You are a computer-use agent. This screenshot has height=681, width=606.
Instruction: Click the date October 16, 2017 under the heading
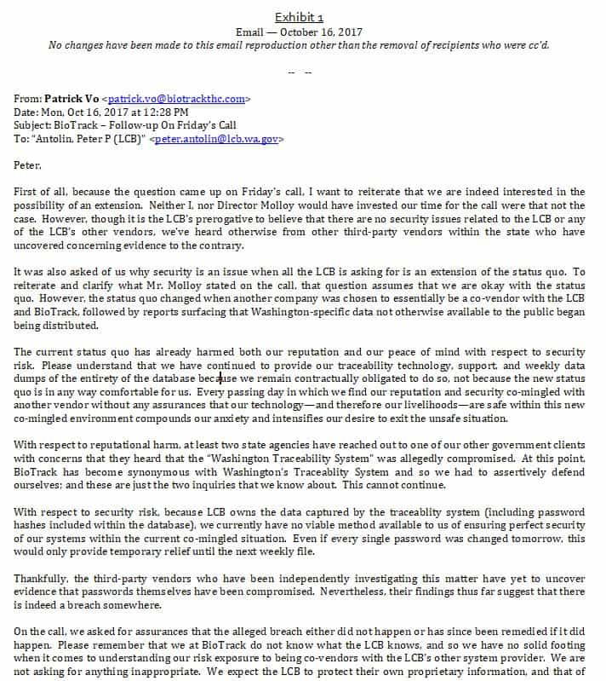pyautogui.click(x=323, y=31)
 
